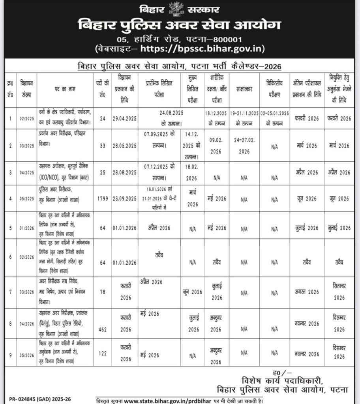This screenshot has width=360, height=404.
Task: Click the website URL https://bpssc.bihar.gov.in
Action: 202,49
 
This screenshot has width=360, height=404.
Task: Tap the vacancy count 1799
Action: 102,199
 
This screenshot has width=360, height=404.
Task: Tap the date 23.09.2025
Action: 124,199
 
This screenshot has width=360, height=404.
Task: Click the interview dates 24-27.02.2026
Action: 244,145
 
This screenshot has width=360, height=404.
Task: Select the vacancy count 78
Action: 102,292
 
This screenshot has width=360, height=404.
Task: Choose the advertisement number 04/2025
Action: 27,172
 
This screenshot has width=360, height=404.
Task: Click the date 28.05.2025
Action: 124,146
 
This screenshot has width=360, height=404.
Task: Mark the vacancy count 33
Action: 102,146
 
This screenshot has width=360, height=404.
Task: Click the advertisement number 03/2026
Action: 27,292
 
